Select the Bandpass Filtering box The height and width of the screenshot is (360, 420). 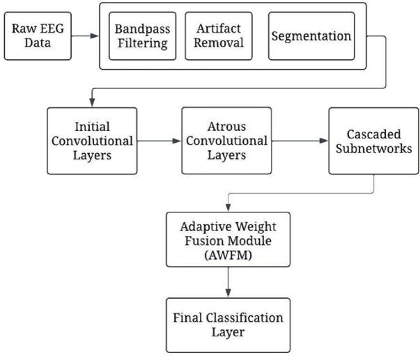coord(142,36)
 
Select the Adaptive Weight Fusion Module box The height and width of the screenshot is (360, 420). coord(228,240)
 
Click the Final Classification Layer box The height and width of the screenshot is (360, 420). coord(228,325)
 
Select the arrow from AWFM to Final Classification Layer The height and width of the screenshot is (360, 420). coord(228,282)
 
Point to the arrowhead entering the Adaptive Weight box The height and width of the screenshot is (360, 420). coord(228,208)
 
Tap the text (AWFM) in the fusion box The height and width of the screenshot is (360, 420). coord(228,254)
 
